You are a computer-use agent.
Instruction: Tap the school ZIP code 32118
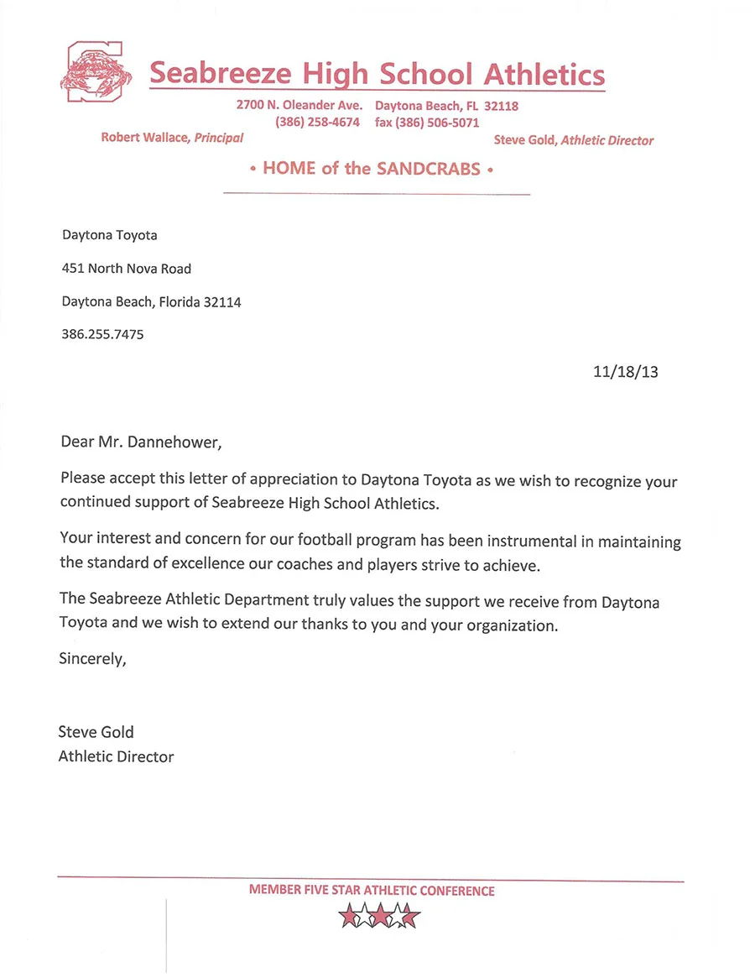[x=501, y=107]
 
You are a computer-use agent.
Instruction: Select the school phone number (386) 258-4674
[x=317, y=123]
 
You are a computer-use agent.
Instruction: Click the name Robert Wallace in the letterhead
[x=145, y=138]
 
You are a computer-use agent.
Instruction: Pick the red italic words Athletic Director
[x=607, y=140]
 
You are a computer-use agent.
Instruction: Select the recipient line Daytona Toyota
[x=109, y=235]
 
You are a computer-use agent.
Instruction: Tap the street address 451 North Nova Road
[x=127, y=269]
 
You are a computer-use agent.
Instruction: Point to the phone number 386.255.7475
[x=102, y=334]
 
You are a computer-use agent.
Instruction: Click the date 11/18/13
[x=625, y=371]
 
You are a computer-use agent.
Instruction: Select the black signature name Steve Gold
[x=96, y=732]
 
